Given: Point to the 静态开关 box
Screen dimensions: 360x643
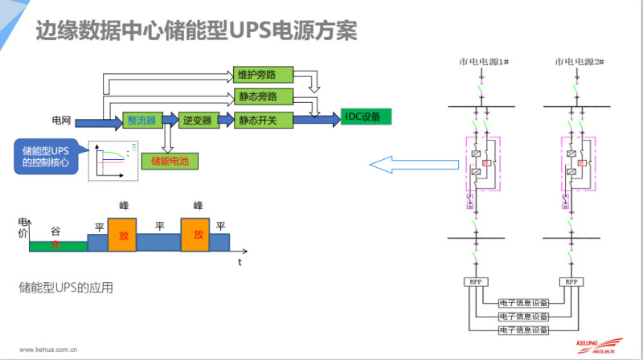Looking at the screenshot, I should (x=257, y=120).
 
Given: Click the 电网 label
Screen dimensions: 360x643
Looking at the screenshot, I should (x=62, y=121).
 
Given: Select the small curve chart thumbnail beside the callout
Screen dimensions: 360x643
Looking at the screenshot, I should (x=113, y=159).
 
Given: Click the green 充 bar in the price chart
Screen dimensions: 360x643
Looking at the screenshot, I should (x=56, y=244).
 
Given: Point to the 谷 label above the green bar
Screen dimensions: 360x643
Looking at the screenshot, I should (x=55, y=229).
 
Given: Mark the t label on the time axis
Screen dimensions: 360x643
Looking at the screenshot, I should (x=239, y=262).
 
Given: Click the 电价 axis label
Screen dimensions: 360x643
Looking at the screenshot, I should (x=23, y=227).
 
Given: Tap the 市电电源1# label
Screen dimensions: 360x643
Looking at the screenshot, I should (x=480, y=62).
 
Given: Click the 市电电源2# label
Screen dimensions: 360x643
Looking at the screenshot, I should (x=578, y=62).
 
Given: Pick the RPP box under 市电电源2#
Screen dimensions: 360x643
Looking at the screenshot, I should (x=571, y=283).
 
